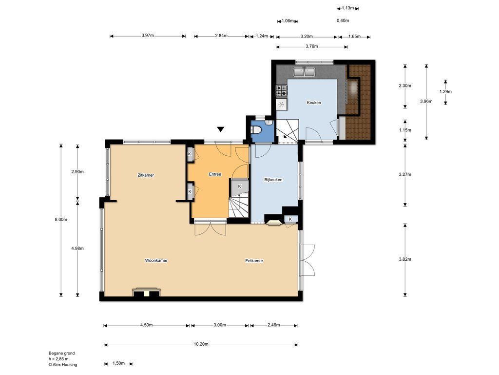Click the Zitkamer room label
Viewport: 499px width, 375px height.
[146, 175]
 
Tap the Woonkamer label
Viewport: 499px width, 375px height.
[156, 260]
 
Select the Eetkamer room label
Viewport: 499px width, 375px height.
[254, 261]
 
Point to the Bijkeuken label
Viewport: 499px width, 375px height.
[273, 180]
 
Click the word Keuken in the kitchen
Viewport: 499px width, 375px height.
[314, 103]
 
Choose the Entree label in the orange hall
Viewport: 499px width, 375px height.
[215, 174]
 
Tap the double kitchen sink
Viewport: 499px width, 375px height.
[304, 72]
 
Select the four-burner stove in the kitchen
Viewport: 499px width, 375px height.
[281, 90]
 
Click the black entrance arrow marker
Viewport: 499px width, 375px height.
[221, 129]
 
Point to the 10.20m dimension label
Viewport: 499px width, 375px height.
[201, 344]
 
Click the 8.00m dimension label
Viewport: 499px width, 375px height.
[61, 219]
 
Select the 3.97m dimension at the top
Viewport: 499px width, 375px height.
[148, 35]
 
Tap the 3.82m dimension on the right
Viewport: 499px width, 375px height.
[405, 259]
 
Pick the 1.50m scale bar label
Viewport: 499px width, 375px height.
[118, 363]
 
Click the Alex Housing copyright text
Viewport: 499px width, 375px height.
[63, 364]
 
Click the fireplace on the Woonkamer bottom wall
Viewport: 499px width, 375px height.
[146, 292]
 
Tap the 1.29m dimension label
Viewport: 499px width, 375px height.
[445, 91]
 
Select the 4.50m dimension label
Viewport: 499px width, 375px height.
[146, 325]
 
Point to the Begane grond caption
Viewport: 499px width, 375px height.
[62, 353]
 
